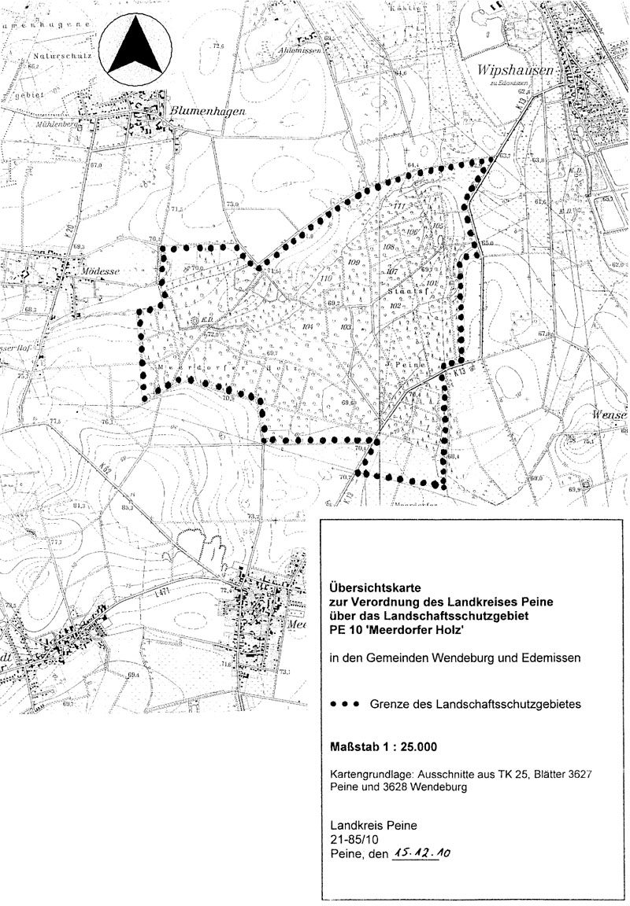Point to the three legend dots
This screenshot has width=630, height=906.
(x=346, y=705)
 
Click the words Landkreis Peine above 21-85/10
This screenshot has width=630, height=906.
(x=369, y=826)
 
